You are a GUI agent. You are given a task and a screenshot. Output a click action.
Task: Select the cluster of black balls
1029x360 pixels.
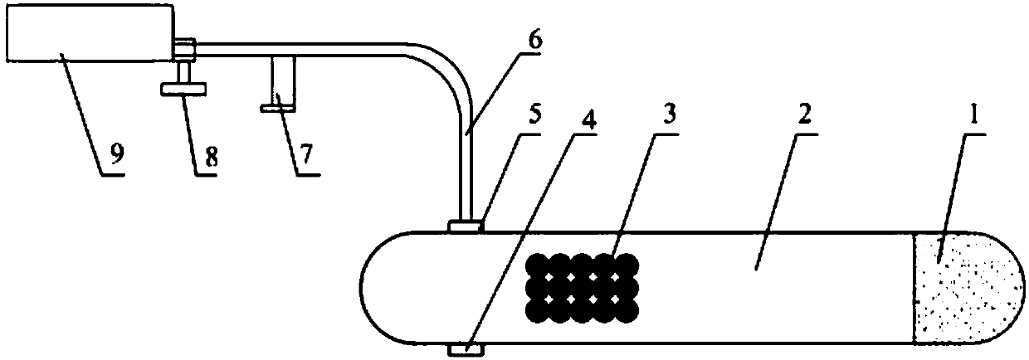coord(584,287)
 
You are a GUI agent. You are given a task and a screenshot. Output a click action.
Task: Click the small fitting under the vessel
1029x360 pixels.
coord(464,351)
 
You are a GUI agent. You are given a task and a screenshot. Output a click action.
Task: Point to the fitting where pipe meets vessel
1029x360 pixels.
coord(465,226)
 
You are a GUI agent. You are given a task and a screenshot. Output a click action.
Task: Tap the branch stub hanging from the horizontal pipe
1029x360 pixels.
coord(280,83)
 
